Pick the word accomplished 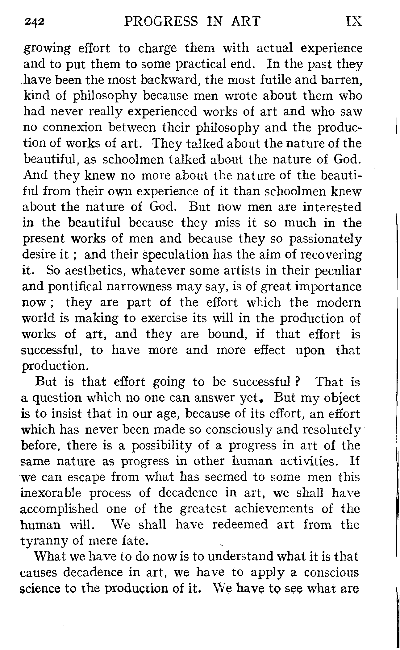pos(59,509)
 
